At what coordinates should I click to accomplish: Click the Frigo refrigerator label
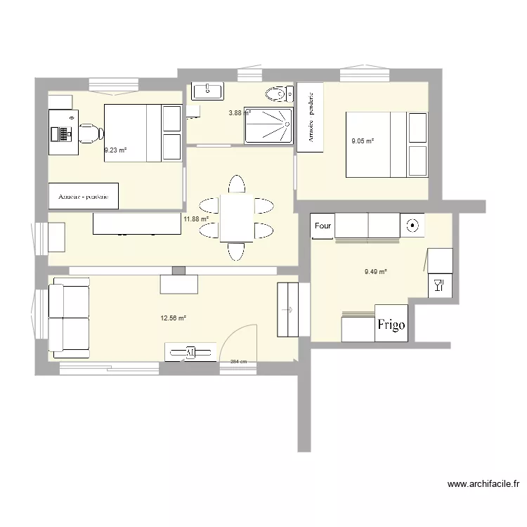point(391,324)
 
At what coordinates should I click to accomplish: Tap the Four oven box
point(323,226)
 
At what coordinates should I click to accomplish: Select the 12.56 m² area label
point(173,318)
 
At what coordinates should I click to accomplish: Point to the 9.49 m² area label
point(376,272)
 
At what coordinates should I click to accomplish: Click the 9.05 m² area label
point(363,141)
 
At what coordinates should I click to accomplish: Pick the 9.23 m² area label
point(115,150)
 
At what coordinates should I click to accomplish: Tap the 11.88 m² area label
point(196,219)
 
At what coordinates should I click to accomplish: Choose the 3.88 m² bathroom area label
point(240,112)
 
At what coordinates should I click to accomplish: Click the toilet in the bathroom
point(278,93)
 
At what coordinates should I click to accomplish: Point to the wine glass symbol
point(438,284)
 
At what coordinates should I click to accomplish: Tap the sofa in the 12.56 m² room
point(69,318)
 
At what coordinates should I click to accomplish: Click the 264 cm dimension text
point(239,363)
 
